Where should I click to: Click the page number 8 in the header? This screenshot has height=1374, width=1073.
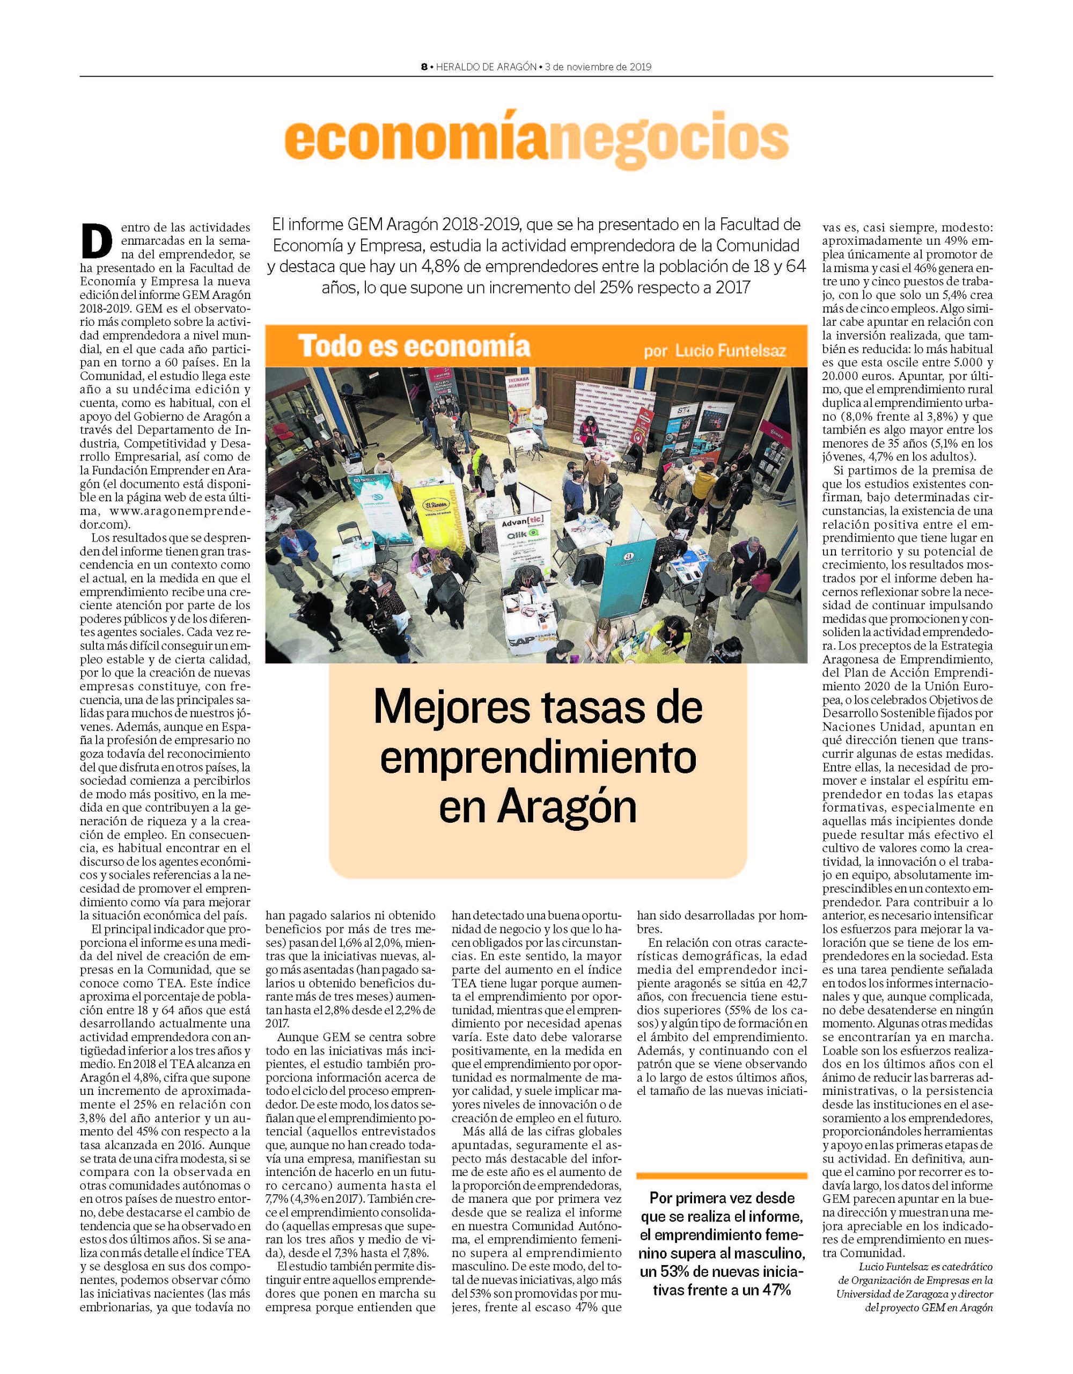pos(424,67)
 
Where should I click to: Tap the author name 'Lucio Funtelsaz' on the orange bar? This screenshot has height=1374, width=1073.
pos(730,350)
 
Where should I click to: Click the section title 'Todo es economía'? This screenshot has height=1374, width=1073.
pos(414,346)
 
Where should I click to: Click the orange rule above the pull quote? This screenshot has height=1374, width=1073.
pos(722,1176)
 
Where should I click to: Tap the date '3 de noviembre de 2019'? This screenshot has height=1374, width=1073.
pos(598,67)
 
